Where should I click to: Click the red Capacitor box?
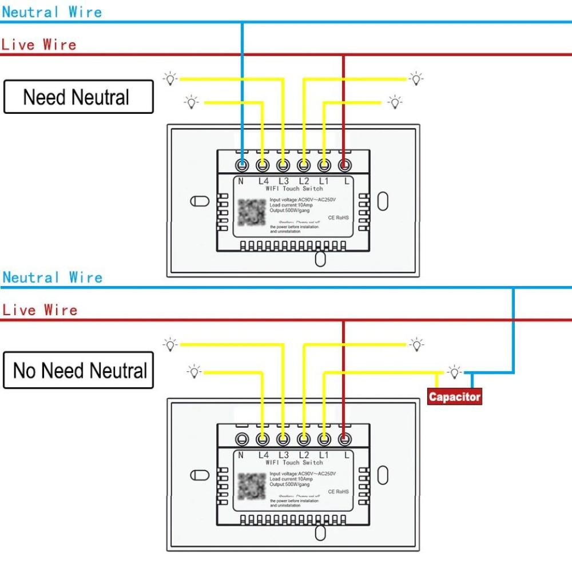(455, 396)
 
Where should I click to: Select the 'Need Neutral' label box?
(78, 97)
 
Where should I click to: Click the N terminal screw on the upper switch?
(242, 166)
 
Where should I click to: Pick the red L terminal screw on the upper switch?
(344, 166)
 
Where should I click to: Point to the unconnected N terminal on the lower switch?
(242, 439)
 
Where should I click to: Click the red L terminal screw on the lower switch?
(344, 439)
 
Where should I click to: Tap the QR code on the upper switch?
(252, 213)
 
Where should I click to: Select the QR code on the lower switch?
(252, 487)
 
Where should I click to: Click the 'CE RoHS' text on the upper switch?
(338, 218)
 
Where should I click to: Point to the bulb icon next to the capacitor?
(454, 372)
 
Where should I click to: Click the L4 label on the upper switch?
(263, 181)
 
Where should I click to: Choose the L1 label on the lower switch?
(324, 455)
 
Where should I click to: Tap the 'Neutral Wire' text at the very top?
(52, 12)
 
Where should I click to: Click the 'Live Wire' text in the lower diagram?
(39, 311)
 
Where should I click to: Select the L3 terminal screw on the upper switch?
(283, 166)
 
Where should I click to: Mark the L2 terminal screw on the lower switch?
(303, 439)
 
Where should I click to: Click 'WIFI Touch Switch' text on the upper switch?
(294, 189)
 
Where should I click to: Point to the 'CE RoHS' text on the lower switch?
(338, 491)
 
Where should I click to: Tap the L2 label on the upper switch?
(304, 181)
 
